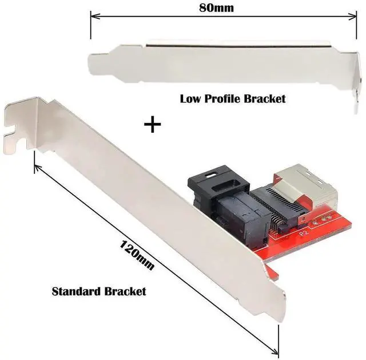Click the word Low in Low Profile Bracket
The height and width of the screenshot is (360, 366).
(x=191, y=98)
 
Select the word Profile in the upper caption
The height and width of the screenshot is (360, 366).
(x=224, y=98)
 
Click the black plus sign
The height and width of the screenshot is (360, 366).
(x=152, y=124)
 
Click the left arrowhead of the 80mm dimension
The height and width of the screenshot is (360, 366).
(x=93, y=18)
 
